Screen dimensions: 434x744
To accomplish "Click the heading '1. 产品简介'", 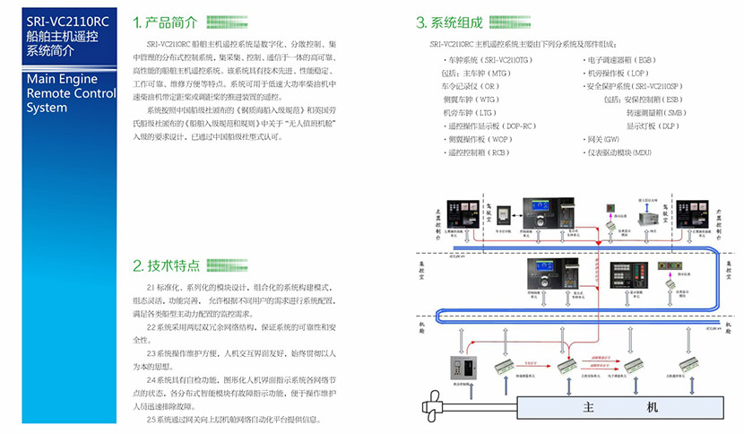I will click(166, 22).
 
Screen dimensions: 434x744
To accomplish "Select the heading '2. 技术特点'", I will click(166, 266).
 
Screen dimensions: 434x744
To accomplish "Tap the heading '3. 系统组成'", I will click(449, 22).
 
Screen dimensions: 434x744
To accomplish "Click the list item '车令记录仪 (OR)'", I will click(471, 85).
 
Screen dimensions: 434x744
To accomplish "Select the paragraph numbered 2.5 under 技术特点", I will click(233, 420).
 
